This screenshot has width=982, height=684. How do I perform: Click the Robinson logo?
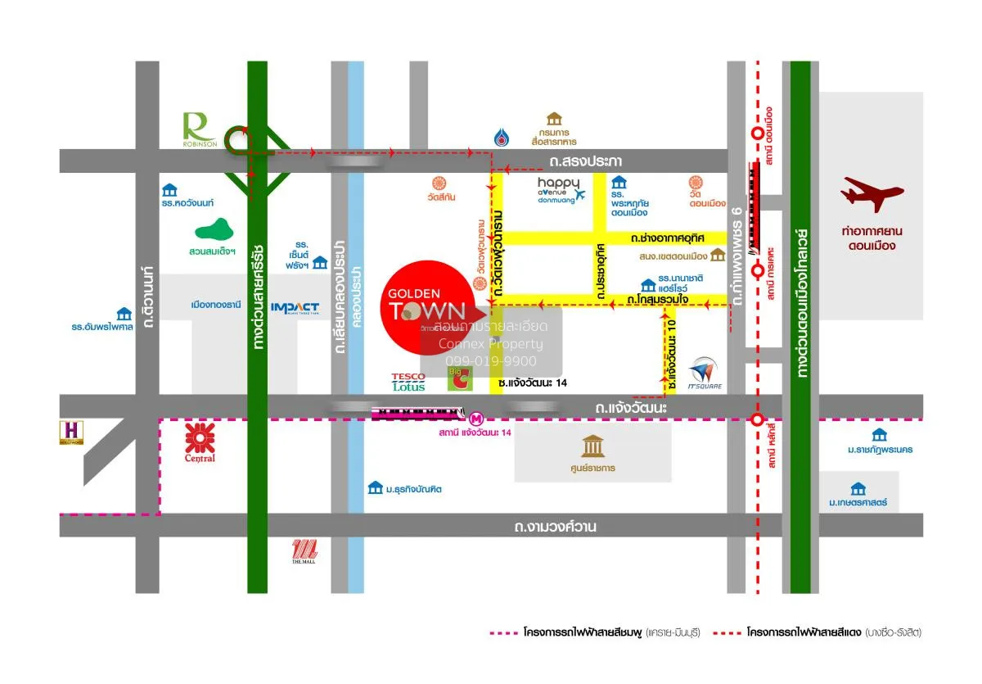[199, 129]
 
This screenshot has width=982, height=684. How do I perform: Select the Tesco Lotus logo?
[408, 382]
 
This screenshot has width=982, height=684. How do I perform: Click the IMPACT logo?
[295, 307]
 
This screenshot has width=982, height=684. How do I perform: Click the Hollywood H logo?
[72, 432]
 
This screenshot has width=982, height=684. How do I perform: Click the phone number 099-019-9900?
[491, 360]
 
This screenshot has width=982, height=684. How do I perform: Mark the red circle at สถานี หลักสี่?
[758, 420]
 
